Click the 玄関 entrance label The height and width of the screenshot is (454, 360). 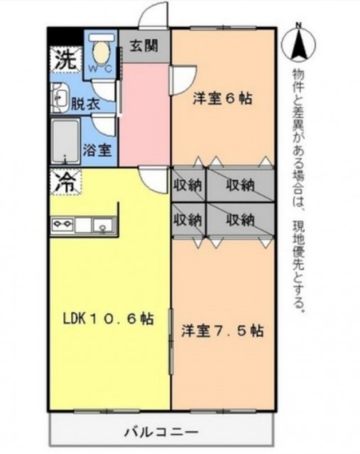tap(144, 48)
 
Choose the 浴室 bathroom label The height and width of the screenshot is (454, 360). tap(96, 150)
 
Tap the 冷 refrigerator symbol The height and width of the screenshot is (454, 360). tap(65, 182)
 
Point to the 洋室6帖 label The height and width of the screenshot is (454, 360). tap(224, 99)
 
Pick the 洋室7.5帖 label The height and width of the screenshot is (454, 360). tap(222, 331)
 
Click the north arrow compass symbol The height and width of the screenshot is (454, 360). tap(298, 46)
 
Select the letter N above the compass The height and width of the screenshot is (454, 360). tap(298, 26)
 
